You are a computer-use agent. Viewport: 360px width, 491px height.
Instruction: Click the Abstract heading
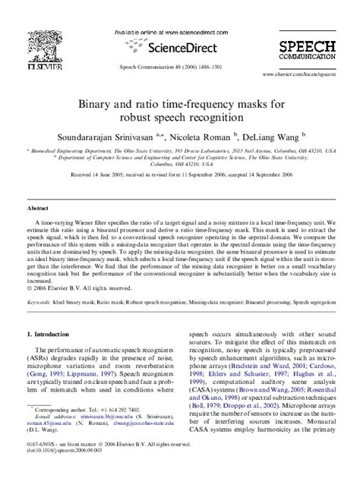coord(39,207)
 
